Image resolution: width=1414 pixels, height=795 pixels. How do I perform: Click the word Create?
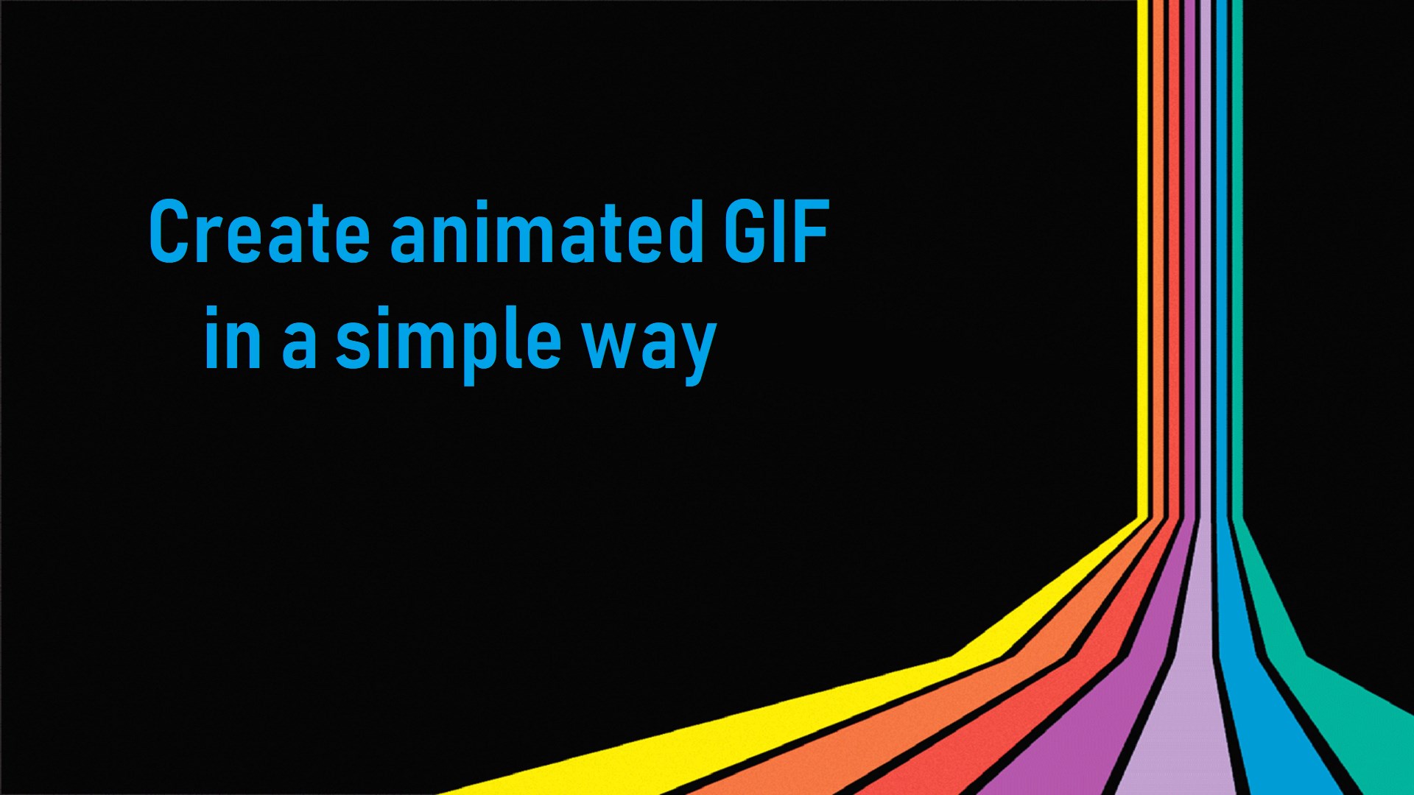tap(258, 232)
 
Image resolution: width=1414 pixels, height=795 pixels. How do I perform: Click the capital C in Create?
tap(169, 232)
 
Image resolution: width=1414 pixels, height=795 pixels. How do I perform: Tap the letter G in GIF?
tap(745, 232)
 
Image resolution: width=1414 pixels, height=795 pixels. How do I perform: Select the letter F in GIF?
tap(813, 232)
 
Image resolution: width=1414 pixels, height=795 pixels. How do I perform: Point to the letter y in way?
tap(697, 350)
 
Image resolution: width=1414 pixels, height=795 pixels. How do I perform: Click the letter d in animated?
tap(685, 232)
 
